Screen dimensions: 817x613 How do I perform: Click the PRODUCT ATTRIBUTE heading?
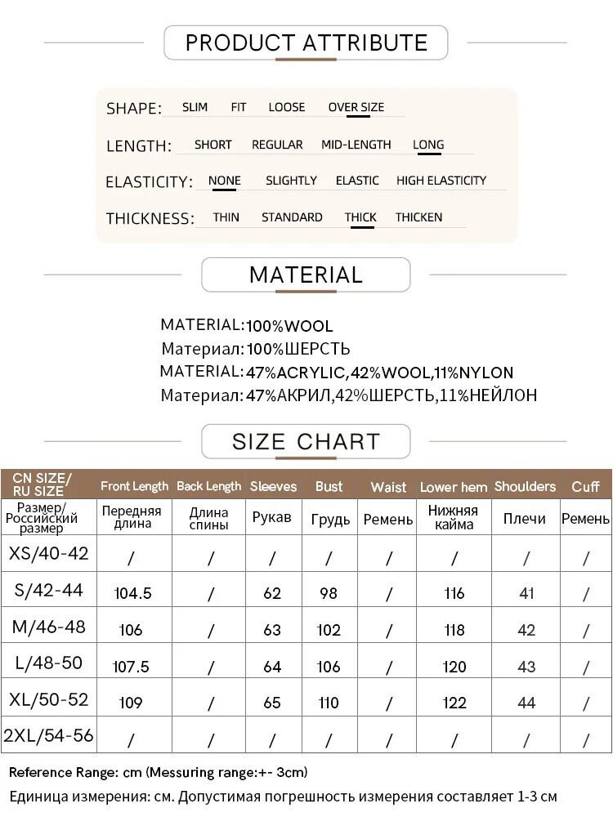click(306, 42)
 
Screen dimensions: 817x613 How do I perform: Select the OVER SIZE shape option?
click(356, 107)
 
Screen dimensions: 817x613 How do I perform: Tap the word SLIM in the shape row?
click(195, 107)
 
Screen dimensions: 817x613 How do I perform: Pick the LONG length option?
click(428, 145)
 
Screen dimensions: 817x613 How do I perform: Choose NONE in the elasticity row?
click(224, 181)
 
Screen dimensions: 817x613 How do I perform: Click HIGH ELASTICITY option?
click(441, 181)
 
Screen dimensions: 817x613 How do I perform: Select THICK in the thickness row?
click(360, 217)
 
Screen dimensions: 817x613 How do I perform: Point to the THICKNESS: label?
click(150, 218)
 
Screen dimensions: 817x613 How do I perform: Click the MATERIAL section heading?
click(306, 275)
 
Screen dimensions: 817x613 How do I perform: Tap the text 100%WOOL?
click(289, 326)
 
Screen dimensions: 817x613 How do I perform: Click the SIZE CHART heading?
click(306, 442)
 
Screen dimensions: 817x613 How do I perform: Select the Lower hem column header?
click(454, 487)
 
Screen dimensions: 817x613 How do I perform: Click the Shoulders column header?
click(525, 486)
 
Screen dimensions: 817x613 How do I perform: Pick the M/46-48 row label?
click(48, 627)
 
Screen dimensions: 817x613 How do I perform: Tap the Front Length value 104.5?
click(132, 593)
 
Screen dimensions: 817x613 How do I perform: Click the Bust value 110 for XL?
click(329, 703)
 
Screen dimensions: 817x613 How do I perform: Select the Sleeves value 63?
click(272, 630)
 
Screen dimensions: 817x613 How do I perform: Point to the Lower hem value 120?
click(454, 667)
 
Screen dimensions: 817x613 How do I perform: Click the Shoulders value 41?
click(526, 593)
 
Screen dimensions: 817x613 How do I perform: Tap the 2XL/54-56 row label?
click(48, 735)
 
